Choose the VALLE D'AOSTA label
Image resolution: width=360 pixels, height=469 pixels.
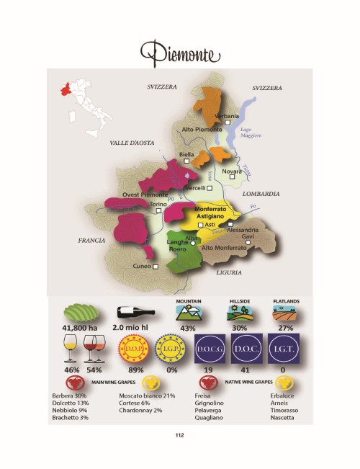(132, 143)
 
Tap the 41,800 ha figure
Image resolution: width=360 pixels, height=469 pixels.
(79, 329)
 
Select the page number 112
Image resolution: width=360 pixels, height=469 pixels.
(180, 434)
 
